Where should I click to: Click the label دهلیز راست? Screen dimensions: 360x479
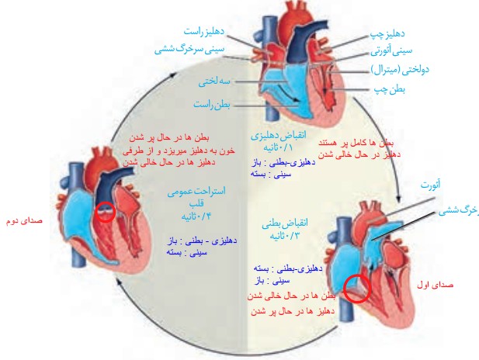click(204, 31)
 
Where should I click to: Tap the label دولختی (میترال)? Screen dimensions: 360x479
click(401, 71)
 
